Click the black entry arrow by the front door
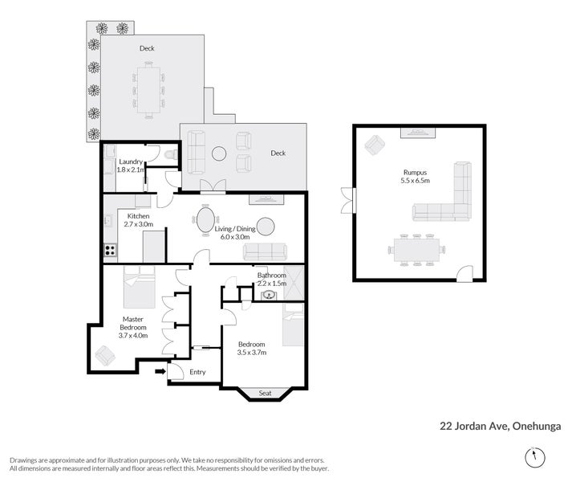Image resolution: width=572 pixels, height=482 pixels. pyautogui.click(x=160, y=372)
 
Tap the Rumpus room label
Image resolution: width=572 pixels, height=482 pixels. pyautogui.click(x=415, y=176)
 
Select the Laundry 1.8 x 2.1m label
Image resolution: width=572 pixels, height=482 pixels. pyautogui.click(x=131, y=165)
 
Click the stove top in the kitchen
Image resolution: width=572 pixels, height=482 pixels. pyautogui.click(x=110, y=251)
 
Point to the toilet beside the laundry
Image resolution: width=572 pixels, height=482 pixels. pyautogui.click(x=171, y=155)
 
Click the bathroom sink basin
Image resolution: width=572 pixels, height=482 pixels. pyautogui.click(x=269, y=295)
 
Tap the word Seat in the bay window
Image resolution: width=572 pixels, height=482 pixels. pyautogui.click(x=266, y=393)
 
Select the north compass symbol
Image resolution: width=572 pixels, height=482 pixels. pyautogui.click(x=535, y=457)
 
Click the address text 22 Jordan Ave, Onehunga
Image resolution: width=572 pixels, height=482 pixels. pyautogui.click(x=500, y=427)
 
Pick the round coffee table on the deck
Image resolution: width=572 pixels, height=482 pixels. pyautogui.click(x=219, y=154)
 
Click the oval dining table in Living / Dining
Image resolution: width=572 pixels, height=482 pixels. pyautogui.click(x=205, y=220)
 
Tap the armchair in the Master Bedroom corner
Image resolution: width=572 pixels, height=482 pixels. pyautogui.click(x=105, y=355)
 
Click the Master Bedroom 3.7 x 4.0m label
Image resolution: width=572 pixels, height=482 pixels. pyautogui.click(x=133, y=328)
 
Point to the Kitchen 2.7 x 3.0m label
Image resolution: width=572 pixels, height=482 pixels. pyautogui.click(x=138, y=220)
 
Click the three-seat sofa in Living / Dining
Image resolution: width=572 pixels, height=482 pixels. pyautogui.click(x=266, y=251)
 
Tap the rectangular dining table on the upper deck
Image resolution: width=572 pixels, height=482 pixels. pyautogui.click(x=148, y=90)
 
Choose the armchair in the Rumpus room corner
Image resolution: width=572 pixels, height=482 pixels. pyautogui.click(x=375, y=145)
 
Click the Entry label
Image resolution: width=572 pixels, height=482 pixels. pyautogui.click(x=197, y=372)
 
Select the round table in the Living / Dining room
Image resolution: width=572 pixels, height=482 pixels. pyautogui.click(x=266, y=227)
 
